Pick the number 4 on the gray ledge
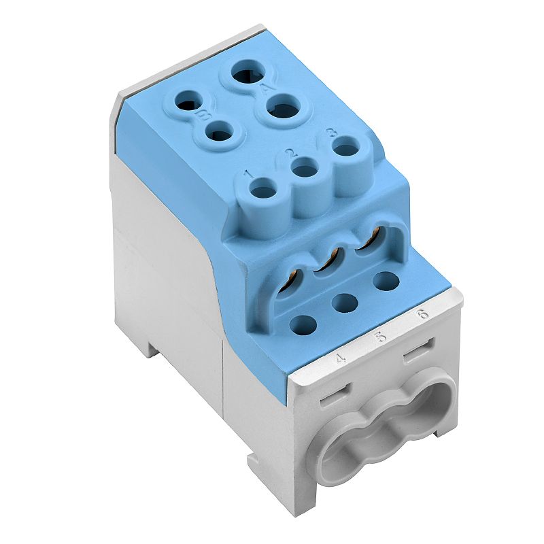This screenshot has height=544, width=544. [341, 357]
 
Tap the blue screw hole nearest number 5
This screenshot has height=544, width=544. [345, 301]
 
